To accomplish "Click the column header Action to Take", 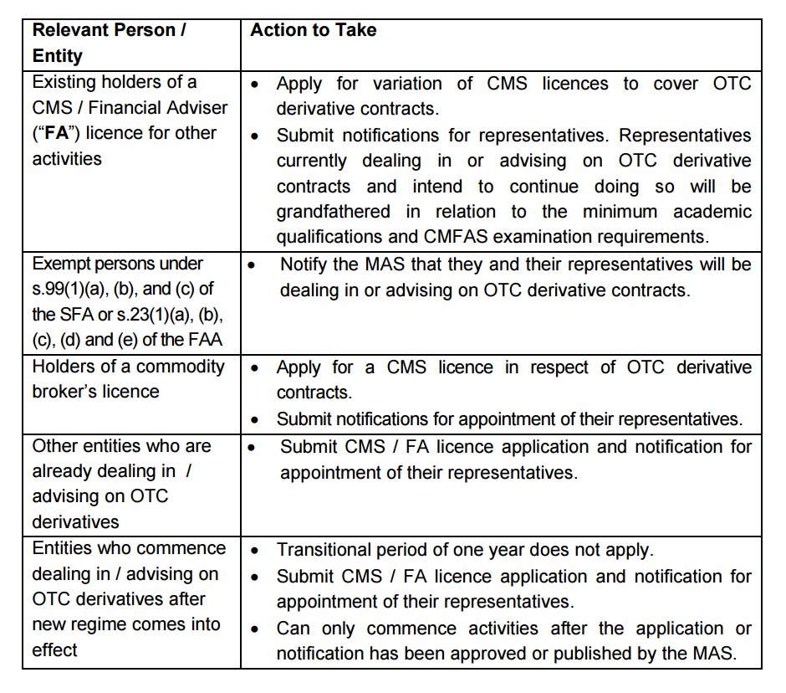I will point(314,30).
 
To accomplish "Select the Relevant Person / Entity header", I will point(109,44).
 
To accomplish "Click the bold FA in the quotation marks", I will point(56,134).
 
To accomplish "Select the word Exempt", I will point(59,264).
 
